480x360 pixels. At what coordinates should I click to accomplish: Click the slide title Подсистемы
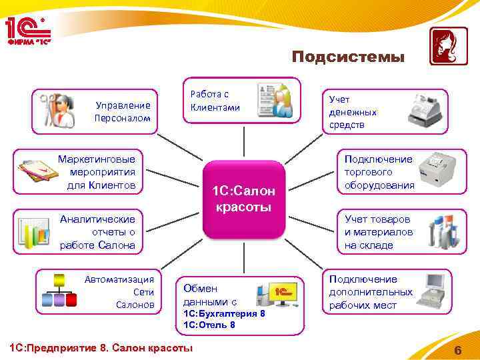coord(347,57)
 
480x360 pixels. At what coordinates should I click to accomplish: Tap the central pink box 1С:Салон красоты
coord(243,199)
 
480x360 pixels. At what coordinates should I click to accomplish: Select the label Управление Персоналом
coord(123,111)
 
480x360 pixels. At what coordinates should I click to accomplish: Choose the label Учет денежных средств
coord(353,112)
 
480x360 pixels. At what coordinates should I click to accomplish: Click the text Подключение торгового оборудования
coord(379,172)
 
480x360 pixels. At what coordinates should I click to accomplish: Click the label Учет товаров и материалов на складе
coord(378,232)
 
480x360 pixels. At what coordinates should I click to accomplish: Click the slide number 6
coord(457,351)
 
